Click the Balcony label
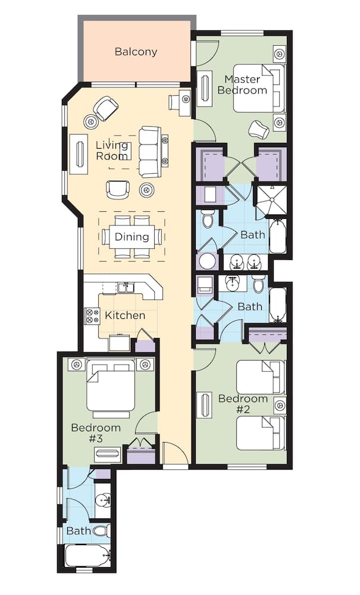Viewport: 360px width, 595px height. pyautogui.click(x=136, y=52)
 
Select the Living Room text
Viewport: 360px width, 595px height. pyautogui.click(x=112, y=151)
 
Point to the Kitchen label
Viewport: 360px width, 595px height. pyautogui.click(x=125, y=315)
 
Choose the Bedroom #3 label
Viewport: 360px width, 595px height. pyautogui.click(x=96, y=433)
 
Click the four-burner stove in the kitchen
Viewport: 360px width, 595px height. pyautogui.click(x=92, y=315)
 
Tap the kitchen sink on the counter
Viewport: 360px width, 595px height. pyautogui.click(x=126, y=288)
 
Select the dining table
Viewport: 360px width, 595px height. pyautogui.click(x=132, y=237)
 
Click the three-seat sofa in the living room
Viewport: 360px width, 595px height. pyautogui.click(x=150, y=151)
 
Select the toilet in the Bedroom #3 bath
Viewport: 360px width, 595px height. pyautogui.click(x=101, y=530)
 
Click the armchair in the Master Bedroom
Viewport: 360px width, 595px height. pyautogui.click(x=259, y=129)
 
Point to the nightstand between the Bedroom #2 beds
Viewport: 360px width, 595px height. pyautogui.click(x=279, y=405)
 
